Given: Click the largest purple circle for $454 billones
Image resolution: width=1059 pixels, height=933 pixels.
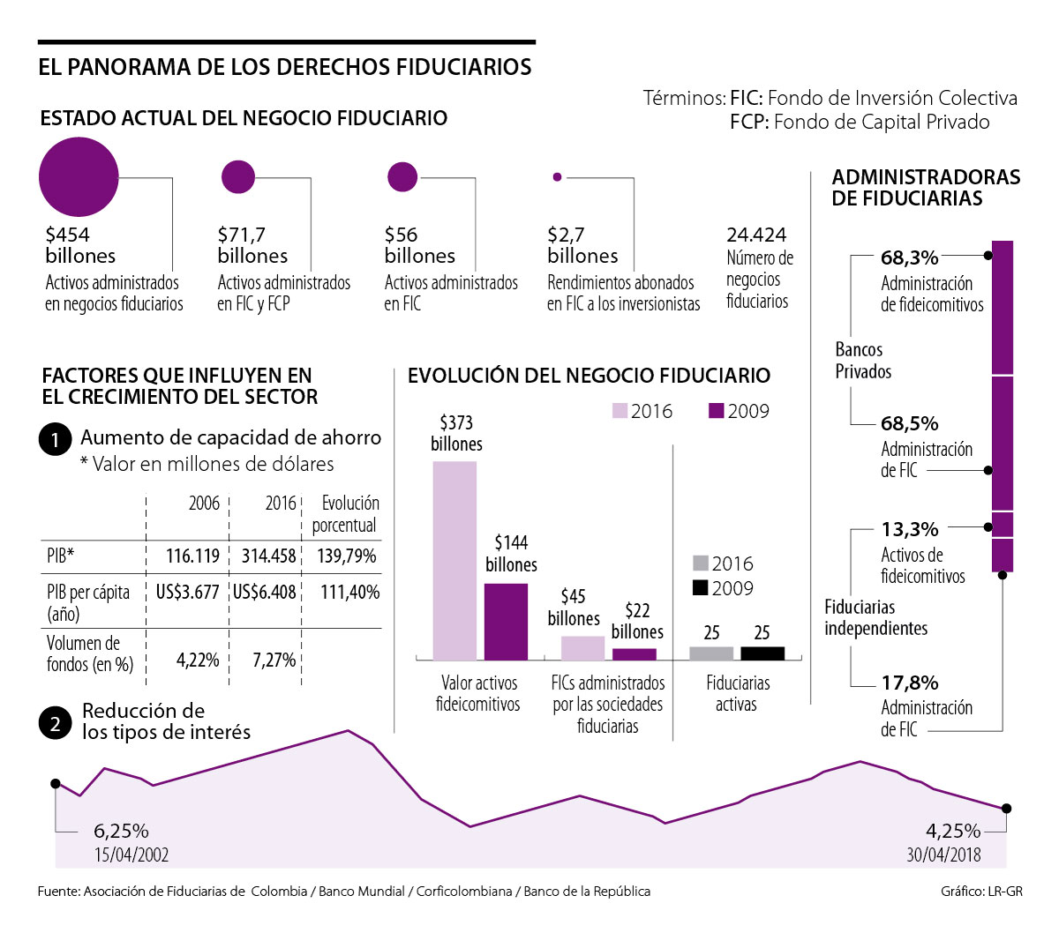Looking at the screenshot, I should point(79,177).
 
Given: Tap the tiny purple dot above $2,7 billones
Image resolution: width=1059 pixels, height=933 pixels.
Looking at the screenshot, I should point(557,177).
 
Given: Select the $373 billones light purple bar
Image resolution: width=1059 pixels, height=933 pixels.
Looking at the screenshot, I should point(454,560).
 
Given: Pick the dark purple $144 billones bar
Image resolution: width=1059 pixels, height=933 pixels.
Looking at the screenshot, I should point(506,621).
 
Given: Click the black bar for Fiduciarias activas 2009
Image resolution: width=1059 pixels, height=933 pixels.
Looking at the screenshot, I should point(762,653).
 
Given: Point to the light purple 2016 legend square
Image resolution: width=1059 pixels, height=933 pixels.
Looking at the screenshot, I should point(620,411).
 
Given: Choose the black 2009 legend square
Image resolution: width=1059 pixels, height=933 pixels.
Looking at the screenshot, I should point(701,588).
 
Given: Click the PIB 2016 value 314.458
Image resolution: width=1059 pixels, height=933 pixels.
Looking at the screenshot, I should point(268,556).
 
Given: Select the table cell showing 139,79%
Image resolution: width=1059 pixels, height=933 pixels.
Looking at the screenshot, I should point(347,556).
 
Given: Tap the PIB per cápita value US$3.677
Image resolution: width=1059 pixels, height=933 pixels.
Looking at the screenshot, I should point(187,592).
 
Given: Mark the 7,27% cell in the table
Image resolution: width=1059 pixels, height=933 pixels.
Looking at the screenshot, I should point(274,660).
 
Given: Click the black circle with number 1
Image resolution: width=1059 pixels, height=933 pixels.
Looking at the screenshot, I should point(55,439).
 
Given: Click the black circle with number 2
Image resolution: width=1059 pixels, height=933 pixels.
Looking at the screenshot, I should point(55,724).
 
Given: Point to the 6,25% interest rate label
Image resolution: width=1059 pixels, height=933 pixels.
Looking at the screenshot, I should point(121,831).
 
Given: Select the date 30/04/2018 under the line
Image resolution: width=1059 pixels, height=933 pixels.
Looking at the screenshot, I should point(943,855).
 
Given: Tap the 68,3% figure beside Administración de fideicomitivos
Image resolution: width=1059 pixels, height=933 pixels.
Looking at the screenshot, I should point(909,258).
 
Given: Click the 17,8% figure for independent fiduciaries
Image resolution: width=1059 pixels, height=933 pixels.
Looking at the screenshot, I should point(909,683).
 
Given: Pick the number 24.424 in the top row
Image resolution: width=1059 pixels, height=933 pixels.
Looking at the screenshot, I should point(756,235).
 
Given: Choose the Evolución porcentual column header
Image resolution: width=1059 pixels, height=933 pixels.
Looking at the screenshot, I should point(346,514).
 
